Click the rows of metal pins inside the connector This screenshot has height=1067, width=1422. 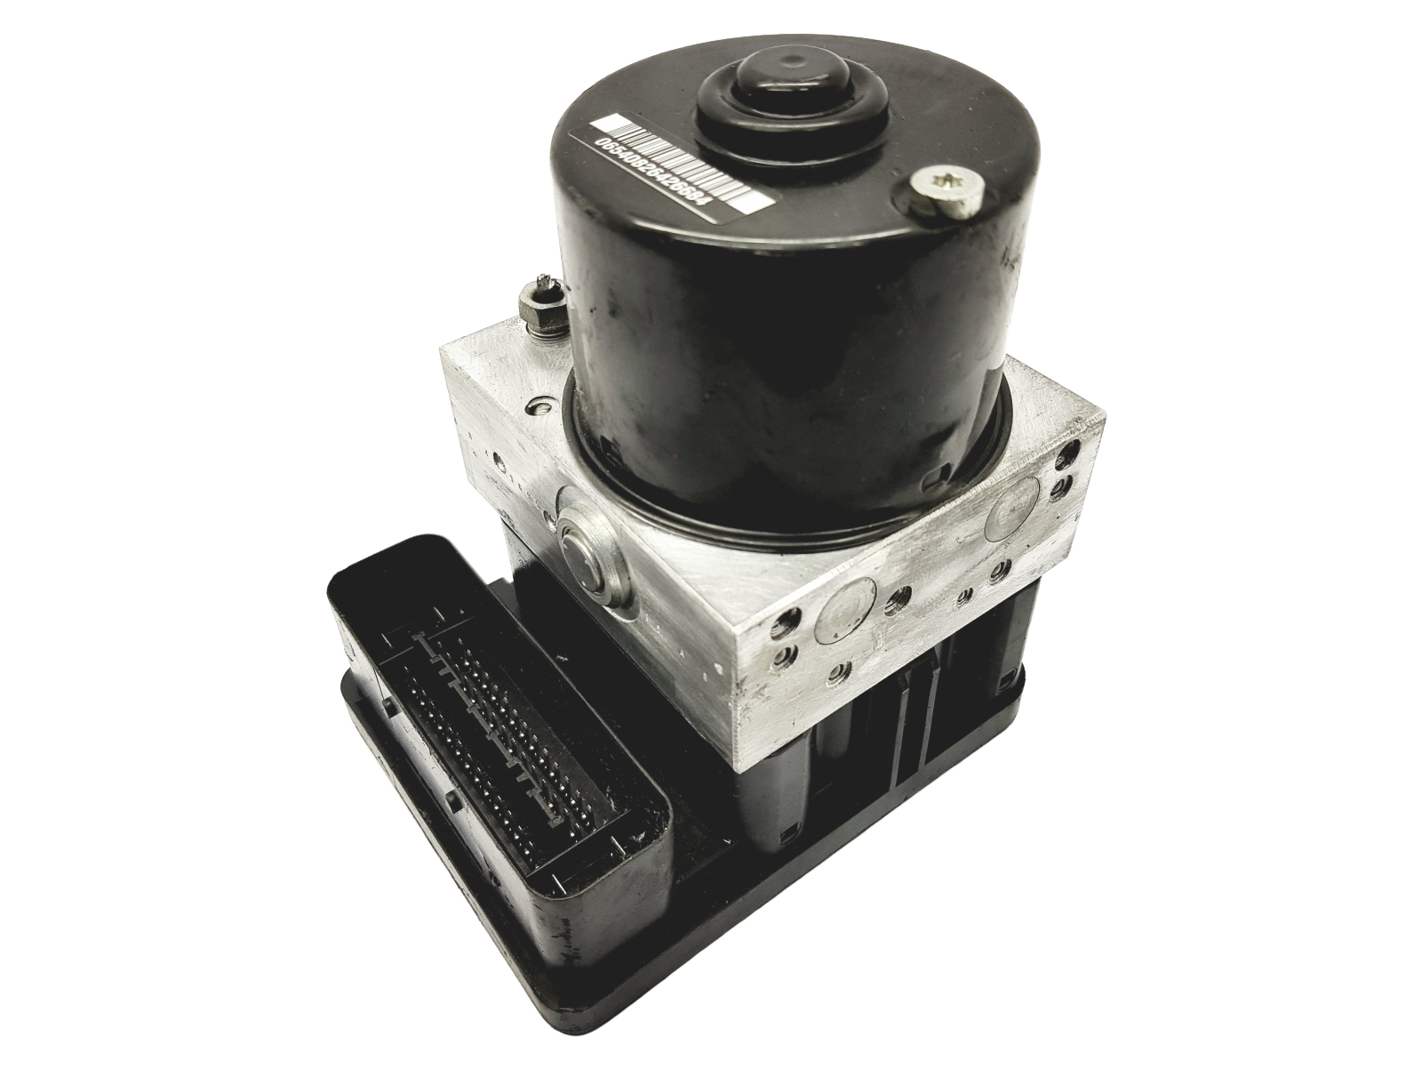[493, 725]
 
